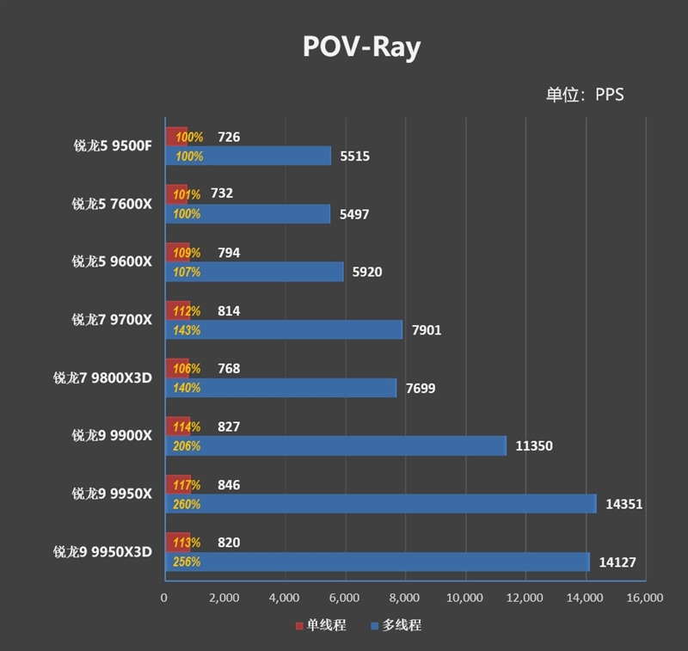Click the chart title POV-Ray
tap(361, 46)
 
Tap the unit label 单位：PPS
tap(584, 95)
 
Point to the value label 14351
tap(623, 504)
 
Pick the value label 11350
tap(534, 446)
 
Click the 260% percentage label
tap(187, 505)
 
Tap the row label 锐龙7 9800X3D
tap(102, 378)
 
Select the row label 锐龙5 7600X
tap(112, 204)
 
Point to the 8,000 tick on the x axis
tap(404, 598)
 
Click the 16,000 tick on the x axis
tap(644, 598)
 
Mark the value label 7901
tap(426, 330)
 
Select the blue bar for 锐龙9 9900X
tap(344, 446)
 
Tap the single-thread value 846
tap(229, 485)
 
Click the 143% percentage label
tap(187, 330)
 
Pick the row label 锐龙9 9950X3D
tap(102, 552)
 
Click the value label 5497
tap(353, 214)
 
